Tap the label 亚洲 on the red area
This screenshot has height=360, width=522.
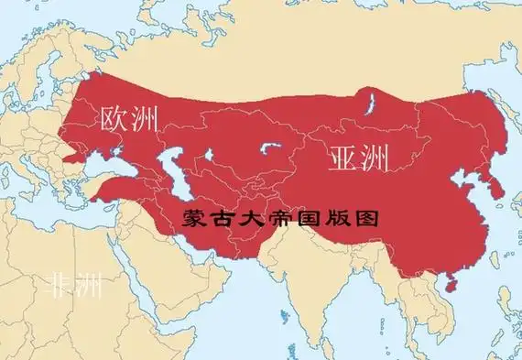pyautogui.click(x=357, y=158)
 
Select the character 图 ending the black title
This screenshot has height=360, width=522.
pyautogui.click(x=366, y=220)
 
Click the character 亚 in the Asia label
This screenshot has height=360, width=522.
pyautogui.click(x=341, y=158)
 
